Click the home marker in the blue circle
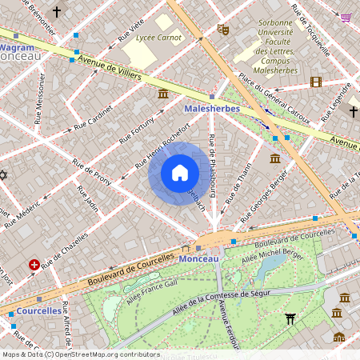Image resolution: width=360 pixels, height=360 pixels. (x=179, y=173)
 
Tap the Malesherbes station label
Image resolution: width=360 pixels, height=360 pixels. (x=206, y=108)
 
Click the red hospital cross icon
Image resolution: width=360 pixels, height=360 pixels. (x=34, y=264)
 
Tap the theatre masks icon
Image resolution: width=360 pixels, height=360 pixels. (x=223, y=30)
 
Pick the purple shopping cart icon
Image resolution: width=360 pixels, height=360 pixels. (x=346, y=17)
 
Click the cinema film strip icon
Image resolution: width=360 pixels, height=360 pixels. (x=316, y=82)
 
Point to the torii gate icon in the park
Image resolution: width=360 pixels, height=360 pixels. (x=290, y=319)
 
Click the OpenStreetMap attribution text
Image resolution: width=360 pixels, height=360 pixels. (x=80, y=354)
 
